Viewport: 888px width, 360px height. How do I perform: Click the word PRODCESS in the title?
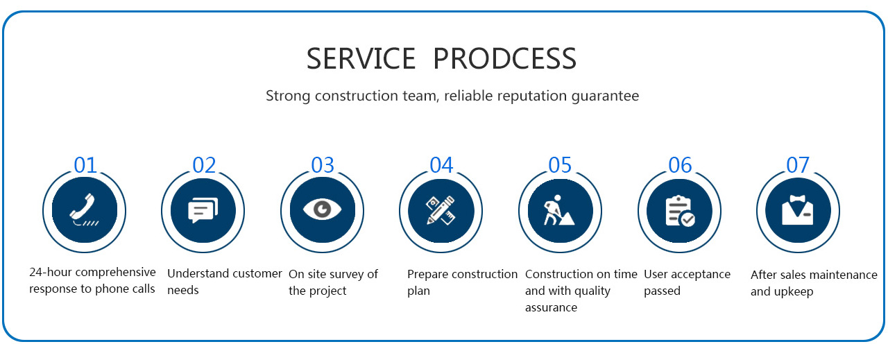pyautogui.click(x=504, y=59)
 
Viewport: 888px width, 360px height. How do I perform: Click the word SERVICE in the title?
pyautogui.click(x=361, y=59)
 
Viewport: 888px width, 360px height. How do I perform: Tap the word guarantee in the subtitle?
pyautogui.click(x=605, y=96)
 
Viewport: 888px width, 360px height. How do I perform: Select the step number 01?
pyautogui.click(x=85, y=165)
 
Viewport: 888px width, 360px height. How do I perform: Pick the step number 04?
pyautogui.click(x=441, y=165)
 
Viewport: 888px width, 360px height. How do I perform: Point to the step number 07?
pyautogui.click(x=798, y=165)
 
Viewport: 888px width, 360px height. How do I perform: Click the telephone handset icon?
pyautogui.click(x=84, y=209)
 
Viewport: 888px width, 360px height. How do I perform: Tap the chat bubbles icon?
pyautogui.click(x=203, y=210)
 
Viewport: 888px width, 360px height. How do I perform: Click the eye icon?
pyautogui.click(x=322, y=209)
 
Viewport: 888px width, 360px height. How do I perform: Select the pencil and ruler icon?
pyautogui.click(x=441, y=210)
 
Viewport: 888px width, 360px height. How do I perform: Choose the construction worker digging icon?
pyautogui.click(x=558, y=210)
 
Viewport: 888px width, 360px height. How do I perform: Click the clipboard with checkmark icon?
pyautogui.click(x=680, y=211)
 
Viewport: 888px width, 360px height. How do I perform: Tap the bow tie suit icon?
pyautogui.click(x=798, y=210)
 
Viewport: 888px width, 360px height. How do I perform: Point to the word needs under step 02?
pyautogui.click(x=182, y=290)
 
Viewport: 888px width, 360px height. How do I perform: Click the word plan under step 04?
pyautogui.click(x=418, y=291)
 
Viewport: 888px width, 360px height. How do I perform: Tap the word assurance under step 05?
pyautogui.click(x=551, y=308)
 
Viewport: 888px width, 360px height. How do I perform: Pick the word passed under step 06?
pyautogui.click(x=662, y=291)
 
